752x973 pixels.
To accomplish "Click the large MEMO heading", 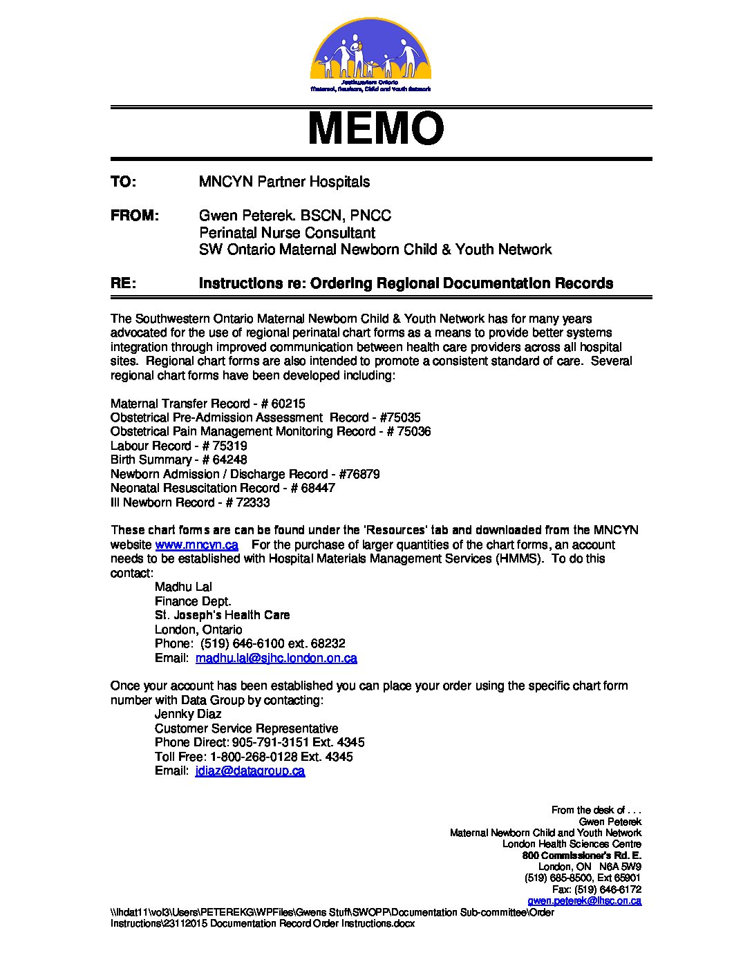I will (x=375, y=129).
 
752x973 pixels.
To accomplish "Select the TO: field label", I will (x=123, y=182).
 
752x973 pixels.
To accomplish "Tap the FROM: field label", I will (x=135, y=216).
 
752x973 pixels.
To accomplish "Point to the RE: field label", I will (x=123, y=283).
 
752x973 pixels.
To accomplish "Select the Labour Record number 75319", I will (x=229, y=446).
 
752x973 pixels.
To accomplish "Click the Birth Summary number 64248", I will (x=229, y=460).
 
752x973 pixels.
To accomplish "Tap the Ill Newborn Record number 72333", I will (x=252, y=502).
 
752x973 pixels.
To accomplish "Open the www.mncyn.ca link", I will (x=196, y=545).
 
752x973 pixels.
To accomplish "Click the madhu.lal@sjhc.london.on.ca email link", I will (x=276, y=658).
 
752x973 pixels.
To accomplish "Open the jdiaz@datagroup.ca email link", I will (x=250, y=771).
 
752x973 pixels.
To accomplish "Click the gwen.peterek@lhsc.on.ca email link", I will (x=584, y=900).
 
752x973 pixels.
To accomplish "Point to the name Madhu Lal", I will (x=183, y=587).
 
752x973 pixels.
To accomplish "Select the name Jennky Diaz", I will (x=188, y=714).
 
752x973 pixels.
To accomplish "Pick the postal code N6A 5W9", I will (x=620, y=867).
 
